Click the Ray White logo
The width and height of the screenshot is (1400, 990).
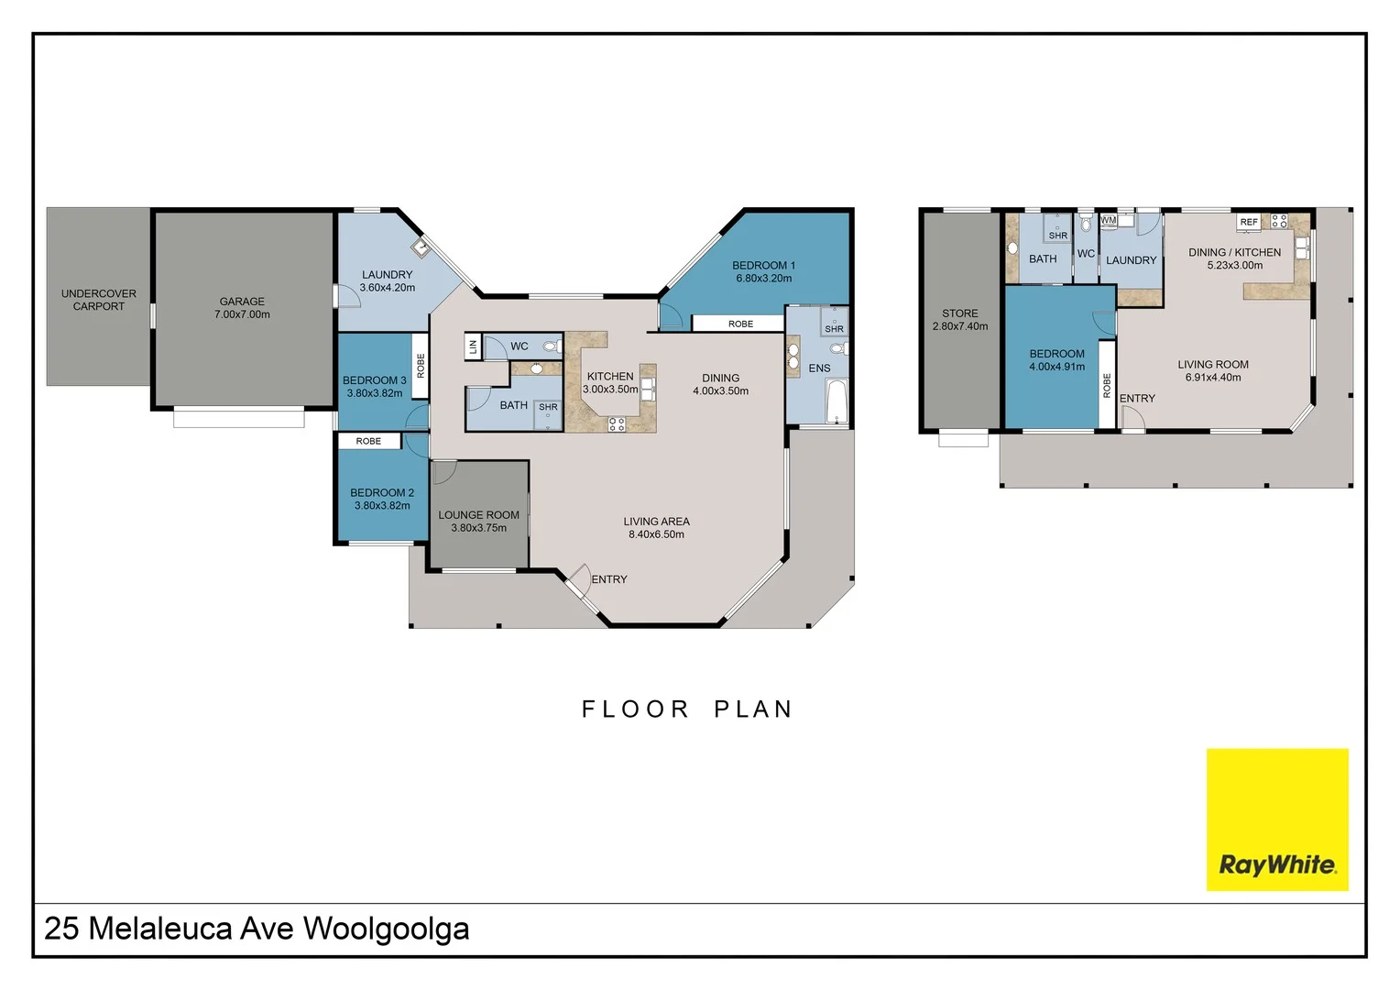pos(1276,819)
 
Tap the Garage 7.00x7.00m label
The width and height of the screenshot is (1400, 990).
pos(242,308)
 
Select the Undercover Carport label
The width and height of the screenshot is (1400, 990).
pos(98,300)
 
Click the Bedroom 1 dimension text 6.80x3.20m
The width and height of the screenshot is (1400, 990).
pos(763,279)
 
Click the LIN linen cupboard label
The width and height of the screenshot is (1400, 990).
pos(473,346)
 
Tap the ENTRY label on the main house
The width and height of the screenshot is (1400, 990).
pos(609,579)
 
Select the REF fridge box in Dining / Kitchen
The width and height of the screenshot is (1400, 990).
pos(1248,222)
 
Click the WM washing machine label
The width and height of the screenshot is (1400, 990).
pos(1108,220)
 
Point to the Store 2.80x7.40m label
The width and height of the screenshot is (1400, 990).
pos(959,320)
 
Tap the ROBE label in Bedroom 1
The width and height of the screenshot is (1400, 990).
pos(740,324)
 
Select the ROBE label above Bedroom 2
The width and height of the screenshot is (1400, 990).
pos(368,441)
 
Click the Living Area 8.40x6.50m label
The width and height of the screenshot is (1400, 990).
pos(656,528)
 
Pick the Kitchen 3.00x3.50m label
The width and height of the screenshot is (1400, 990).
pos(610,383)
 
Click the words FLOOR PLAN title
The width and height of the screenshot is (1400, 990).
pos(687,709)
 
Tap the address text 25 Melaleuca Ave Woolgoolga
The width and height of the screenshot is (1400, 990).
pos(257,929)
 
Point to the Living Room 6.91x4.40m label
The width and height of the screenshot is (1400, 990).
pos(1212,371)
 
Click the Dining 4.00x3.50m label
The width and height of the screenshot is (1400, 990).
pos(720,384)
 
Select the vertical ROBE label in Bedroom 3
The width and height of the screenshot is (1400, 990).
pos(421,366)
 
